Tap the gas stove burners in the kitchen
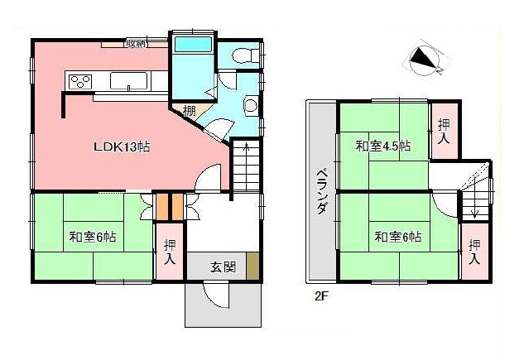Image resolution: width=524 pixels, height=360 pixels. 80,80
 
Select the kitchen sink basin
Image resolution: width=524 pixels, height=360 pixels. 129,81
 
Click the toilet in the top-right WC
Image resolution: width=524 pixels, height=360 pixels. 242,55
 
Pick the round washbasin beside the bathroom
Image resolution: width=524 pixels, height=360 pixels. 251,105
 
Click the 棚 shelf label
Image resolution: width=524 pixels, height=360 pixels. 190,112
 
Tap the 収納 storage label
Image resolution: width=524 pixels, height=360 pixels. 136,43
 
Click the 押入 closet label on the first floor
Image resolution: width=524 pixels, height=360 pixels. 170,251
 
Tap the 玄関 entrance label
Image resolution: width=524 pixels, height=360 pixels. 222,266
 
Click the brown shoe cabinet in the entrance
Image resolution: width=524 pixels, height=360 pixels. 253,266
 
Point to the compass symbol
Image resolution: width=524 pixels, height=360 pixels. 424,60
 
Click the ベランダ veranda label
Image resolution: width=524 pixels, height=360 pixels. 320,191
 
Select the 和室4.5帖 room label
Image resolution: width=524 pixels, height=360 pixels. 382,146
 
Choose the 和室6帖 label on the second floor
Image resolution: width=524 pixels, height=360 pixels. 397,238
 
